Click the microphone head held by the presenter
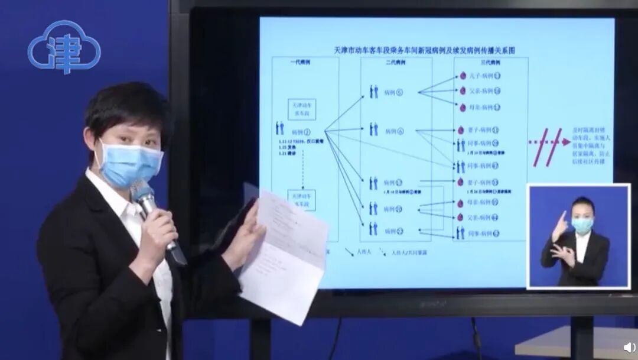coord(142,193)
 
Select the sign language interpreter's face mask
coord(582,225)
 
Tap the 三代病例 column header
coord(489,62)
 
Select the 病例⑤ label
coord(393,93)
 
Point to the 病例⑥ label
coord(393,131)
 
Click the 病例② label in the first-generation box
coord(301,132)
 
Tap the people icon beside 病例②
coord(280,128)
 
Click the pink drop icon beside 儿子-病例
coord(463,77)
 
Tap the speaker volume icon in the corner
coord(627,348)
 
